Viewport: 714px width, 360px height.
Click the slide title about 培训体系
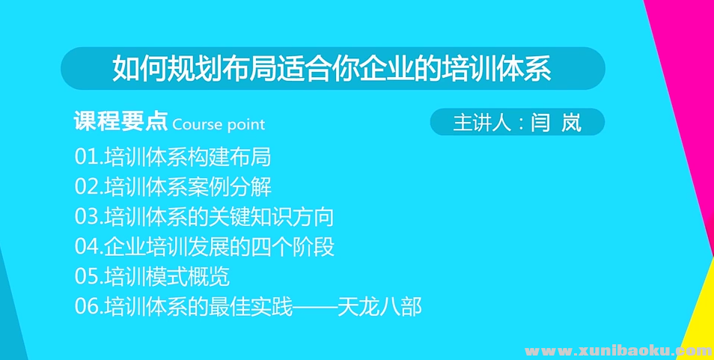click(332, 69)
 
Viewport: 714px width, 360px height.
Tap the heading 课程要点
click(120, 123)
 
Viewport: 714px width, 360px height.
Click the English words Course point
click(219, 125)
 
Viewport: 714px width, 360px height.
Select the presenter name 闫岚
click(556, 123)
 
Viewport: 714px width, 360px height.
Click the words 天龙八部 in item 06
click(391, 307)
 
